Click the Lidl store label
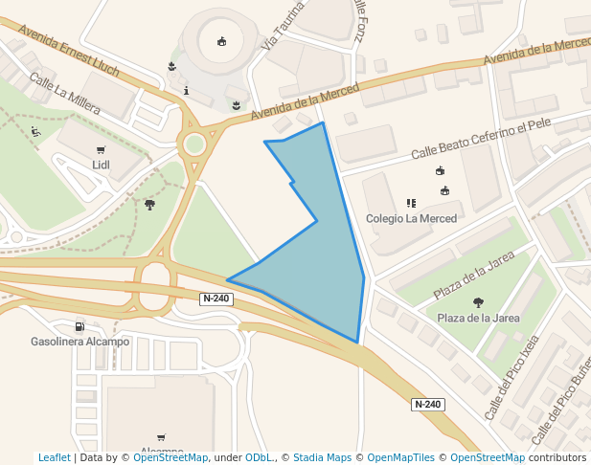(x=101, y=165)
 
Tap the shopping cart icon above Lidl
(x=102, y=149)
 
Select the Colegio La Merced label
(x=411, y=218)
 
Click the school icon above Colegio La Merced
(x=411, y=203)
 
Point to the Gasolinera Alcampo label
(x=80, y=342)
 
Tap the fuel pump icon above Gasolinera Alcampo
(x=79, y=326)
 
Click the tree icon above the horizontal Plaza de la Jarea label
(x=478, y=302)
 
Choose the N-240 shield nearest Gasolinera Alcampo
(x=216, y=299)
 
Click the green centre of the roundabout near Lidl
(x=194, y=144)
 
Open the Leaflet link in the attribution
(x=54, y=458)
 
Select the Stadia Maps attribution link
(x=322, y=458)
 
